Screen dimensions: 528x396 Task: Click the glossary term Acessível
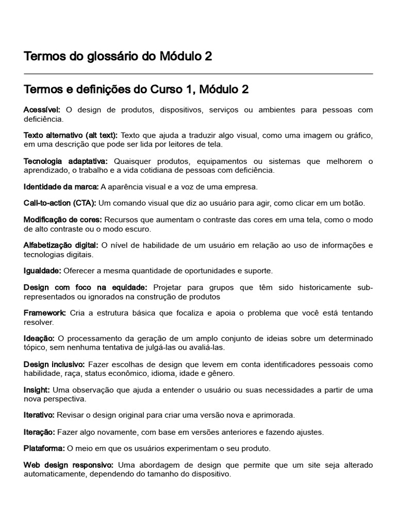pos(42,110)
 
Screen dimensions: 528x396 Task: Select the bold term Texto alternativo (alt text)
pos(71,135)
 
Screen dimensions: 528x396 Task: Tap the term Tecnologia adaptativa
pos(65,161)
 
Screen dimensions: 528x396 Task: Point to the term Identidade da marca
pos(61,186)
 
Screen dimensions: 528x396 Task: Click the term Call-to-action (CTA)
pos(60,203)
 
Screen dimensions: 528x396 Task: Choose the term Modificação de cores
pos(63,220)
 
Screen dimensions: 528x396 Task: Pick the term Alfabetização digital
pos(61,245)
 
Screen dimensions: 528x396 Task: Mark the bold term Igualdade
pos(42,270)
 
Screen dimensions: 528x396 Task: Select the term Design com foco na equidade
pos(85,287)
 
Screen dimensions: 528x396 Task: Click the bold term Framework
pos(44,313)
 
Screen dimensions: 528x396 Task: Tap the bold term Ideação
pos(39,338)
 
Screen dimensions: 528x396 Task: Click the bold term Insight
pos(37,389)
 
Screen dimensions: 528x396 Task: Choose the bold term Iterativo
pos(39,415)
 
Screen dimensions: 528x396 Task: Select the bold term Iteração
pos(39,432)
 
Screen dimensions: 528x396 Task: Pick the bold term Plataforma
pos(44,448)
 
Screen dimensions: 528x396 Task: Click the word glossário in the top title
pos(114,56)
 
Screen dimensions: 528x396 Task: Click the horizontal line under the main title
pos(198,74)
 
